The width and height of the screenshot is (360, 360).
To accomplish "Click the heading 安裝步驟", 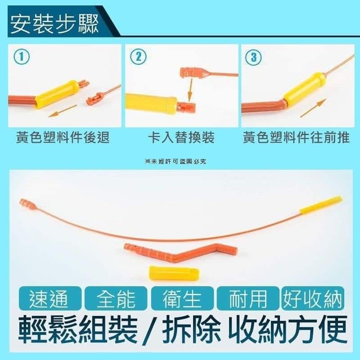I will (x=54, y=23).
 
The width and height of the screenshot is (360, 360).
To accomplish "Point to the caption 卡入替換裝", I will (x=180, y=138).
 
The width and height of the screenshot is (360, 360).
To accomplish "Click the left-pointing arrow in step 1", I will (x=62, y=110).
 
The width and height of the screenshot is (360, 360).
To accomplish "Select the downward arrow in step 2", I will (x=190, y=90).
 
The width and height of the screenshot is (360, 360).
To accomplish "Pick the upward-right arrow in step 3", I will (x=313, y=108).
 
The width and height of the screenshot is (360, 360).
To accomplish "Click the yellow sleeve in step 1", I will (x=56, y=94).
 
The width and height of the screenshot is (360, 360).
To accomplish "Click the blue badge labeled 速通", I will (x=48, y=300).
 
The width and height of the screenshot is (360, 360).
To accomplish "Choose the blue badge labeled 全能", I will (x=116, y=300).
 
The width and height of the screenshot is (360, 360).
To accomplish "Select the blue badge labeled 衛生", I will (x=181, y=300).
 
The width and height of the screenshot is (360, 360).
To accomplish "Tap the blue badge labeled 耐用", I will (x=247, y=300).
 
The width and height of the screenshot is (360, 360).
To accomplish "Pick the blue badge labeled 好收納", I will (x=312, y=300).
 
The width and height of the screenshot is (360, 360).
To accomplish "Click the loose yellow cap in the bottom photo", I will (x=174, y=273).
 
